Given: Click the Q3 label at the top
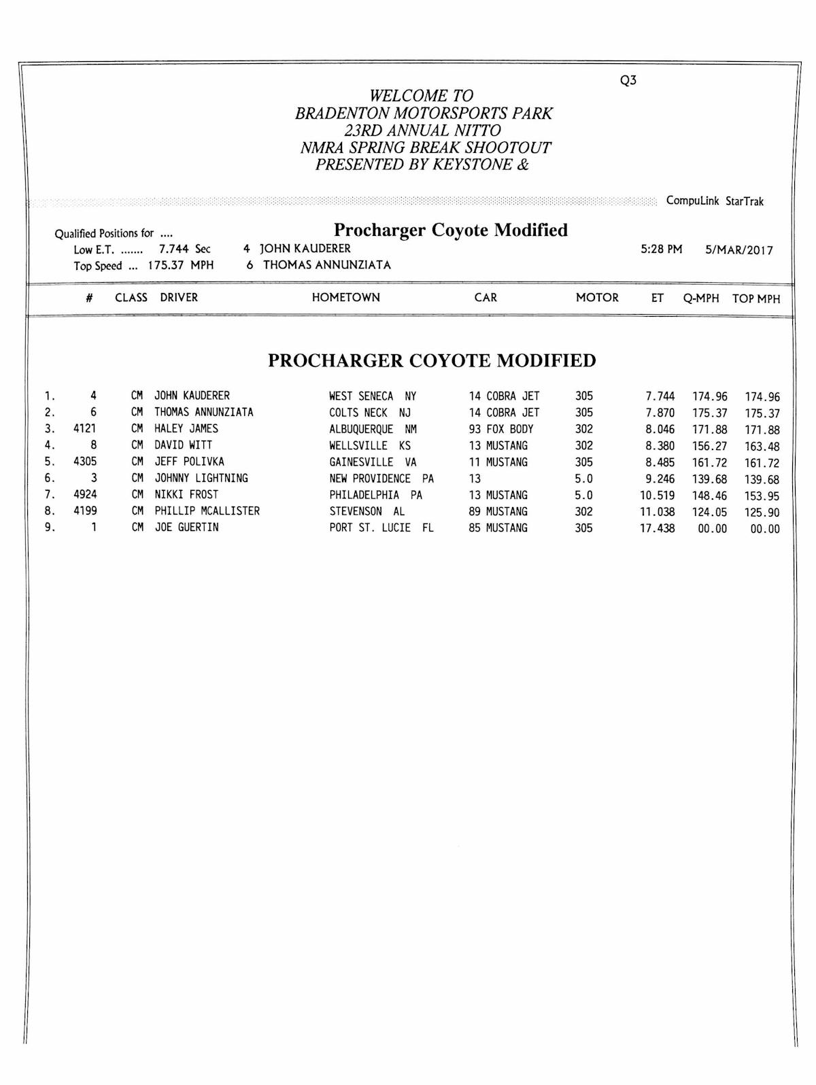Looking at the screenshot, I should click(628, 80).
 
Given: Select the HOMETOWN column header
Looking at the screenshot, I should click(345, 297).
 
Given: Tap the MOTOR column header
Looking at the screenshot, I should click(597, 297).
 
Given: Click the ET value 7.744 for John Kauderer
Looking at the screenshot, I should click(660, 396).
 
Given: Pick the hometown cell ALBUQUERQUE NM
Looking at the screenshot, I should click(373, 429).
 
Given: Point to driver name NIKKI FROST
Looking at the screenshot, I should click(186, 495).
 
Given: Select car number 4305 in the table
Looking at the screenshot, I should click(85, 462).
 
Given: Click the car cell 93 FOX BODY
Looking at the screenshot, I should click(501, 429).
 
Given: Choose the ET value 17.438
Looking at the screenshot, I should click(657, 528).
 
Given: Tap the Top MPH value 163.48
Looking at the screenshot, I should click(762, 447).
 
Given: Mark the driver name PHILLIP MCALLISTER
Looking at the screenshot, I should click(207, 511).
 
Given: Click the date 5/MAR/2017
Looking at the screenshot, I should click(738, 250).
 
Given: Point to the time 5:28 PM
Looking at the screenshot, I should click(661, 249).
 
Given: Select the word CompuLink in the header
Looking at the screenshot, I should click(692, 201).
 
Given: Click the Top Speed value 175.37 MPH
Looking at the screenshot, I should click(180, 265).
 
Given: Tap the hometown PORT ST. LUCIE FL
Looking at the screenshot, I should click(381, 528).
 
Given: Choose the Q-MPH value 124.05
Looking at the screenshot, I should click(709, 512).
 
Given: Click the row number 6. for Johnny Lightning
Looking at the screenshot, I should click(50, 479).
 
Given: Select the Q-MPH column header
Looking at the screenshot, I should click(700, 298).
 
